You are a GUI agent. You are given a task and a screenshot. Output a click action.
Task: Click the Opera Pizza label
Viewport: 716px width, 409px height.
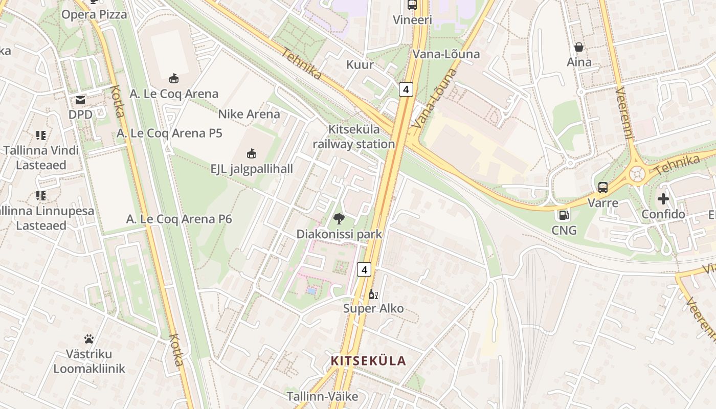point(94,15)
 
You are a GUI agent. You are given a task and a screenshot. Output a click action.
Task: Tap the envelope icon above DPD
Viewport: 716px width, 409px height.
point(80,100)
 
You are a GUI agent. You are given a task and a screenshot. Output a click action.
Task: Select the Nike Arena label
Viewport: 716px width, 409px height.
point(249,114)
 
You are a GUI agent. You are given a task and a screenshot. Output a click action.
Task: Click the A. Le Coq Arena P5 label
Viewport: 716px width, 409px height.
point(169,133)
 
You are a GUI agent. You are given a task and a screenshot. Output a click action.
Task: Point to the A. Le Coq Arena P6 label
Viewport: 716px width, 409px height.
point(179,219)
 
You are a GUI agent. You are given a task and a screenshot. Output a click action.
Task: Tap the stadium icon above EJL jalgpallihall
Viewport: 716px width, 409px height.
point(251,153)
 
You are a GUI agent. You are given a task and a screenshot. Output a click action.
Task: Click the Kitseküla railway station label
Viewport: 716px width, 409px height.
point(354,137)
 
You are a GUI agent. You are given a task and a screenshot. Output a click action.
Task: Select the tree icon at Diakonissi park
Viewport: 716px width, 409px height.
point(339,219)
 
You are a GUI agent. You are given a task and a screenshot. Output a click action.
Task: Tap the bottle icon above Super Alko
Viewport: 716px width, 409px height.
point(373,294)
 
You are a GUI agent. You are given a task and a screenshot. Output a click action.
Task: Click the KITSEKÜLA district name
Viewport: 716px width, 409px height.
point(368,361)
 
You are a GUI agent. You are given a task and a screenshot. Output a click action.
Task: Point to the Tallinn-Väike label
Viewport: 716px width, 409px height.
point(322,396)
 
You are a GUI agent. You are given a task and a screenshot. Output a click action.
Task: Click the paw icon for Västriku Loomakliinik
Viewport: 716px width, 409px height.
point(89,339)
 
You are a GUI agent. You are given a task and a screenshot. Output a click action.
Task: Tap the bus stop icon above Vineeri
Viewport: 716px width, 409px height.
point(412,6)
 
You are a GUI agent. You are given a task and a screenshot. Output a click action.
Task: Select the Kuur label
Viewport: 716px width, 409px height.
point(360,65)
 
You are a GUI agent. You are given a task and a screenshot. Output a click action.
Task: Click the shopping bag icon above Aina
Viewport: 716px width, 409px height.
point(579,48)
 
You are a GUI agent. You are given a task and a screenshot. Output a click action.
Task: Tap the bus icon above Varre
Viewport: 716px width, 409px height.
point(603,188)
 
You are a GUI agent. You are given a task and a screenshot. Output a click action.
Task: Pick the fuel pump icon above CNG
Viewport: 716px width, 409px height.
point(564,216)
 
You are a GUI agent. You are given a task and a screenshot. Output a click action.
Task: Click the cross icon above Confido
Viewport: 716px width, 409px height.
point(663,199)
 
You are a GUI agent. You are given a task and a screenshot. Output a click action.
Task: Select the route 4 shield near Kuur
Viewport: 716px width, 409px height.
point(406,89)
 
